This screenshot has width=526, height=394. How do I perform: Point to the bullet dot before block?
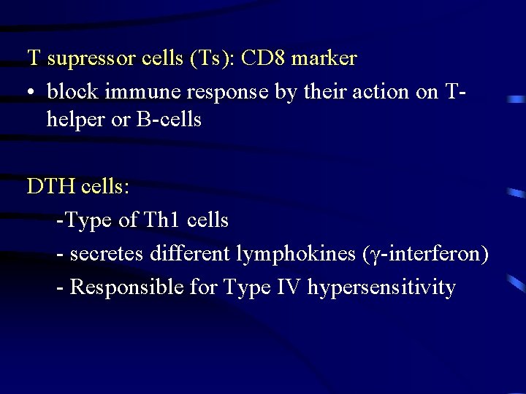coord(32,93)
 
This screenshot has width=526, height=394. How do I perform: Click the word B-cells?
coord(169,119)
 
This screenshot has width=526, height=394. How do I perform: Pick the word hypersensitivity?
coord(381,287)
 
